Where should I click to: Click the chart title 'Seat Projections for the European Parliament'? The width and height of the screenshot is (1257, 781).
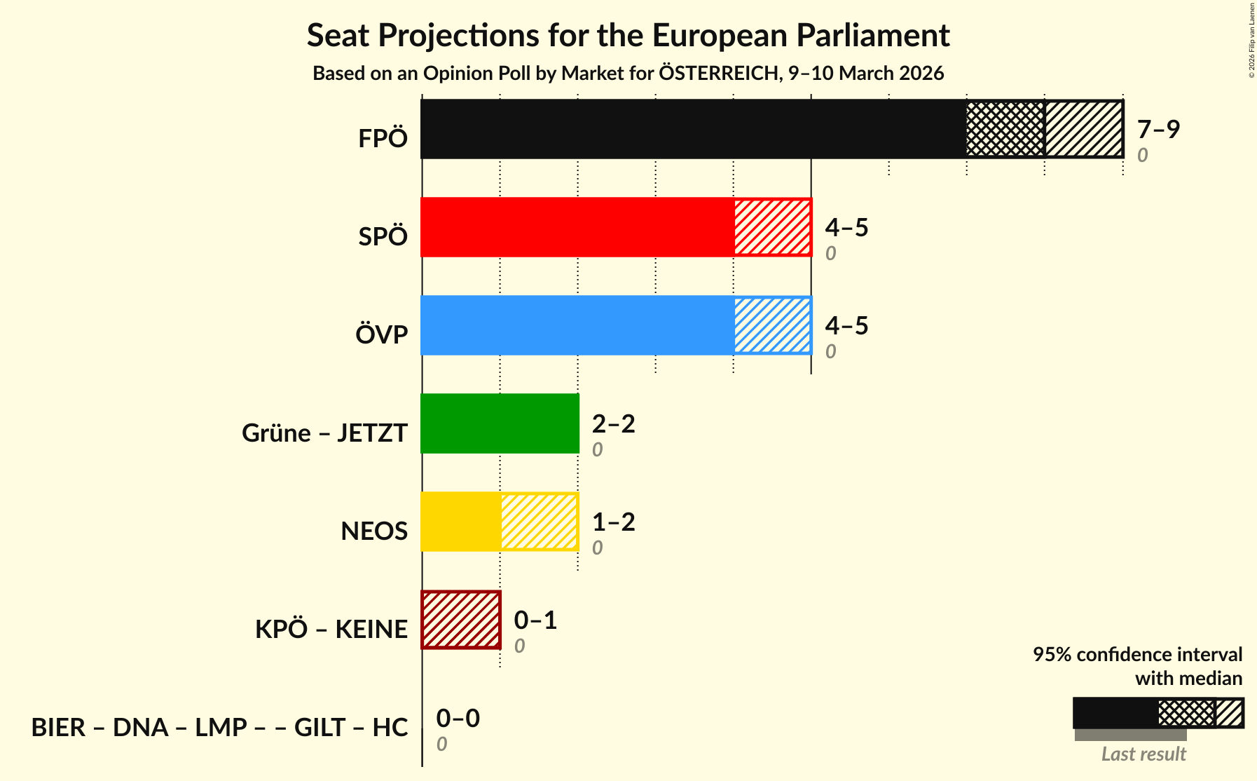tap(628, 36)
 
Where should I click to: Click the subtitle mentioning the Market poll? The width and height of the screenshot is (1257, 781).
tap(628, 74)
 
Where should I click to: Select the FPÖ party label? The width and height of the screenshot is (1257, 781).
tap(383, 139)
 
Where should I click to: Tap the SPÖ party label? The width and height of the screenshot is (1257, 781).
tap(383, 237)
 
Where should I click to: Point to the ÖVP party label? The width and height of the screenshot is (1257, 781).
tap(381, 335)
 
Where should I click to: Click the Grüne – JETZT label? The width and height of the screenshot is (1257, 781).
tap(324, 433)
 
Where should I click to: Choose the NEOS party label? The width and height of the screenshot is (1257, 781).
tap(374, 531)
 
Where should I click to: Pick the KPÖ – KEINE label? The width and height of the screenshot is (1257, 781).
tap(331, 630)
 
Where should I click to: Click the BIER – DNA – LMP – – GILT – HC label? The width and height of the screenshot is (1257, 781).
tap(219, 728)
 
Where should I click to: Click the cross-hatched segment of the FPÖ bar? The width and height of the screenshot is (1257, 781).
tap(1005, 129)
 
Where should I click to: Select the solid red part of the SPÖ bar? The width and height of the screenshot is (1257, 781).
tap(577, 227)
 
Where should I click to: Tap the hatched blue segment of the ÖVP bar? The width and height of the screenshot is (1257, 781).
tap(773, 325)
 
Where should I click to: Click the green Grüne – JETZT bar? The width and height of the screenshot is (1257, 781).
tap(500, 423)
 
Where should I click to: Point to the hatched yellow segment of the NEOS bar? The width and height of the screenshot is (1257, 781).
tap(539, 522)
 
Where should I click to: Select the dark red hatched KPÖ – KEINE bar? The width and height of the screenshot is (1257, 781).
tap(461, 620)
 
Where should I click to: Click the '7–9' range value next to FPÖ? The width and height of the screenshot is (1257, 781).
tap(1158, 130)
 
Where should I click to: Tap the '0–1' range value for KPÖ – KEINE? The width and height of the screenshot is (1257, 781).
tap(535, 620)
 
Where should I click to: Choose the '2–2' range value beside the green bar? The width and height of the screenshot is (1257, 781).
tap(613, 424)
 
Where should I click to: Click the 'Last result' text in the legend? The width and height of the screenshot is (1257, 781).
tap(1143, 754)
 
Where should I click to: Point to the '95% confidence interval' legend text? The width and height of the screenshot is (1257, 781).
tap(1137, 655)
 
